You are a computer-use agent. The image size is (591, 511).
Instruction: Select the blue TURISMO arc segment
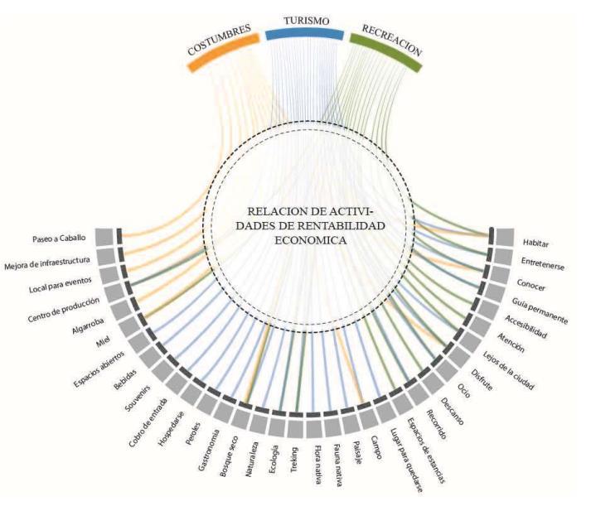303,34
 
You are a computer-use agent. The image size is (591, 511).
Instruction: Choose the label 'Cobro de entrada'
148,411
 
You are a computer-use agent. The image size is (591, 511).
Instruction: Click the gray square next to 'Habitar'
505,237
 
